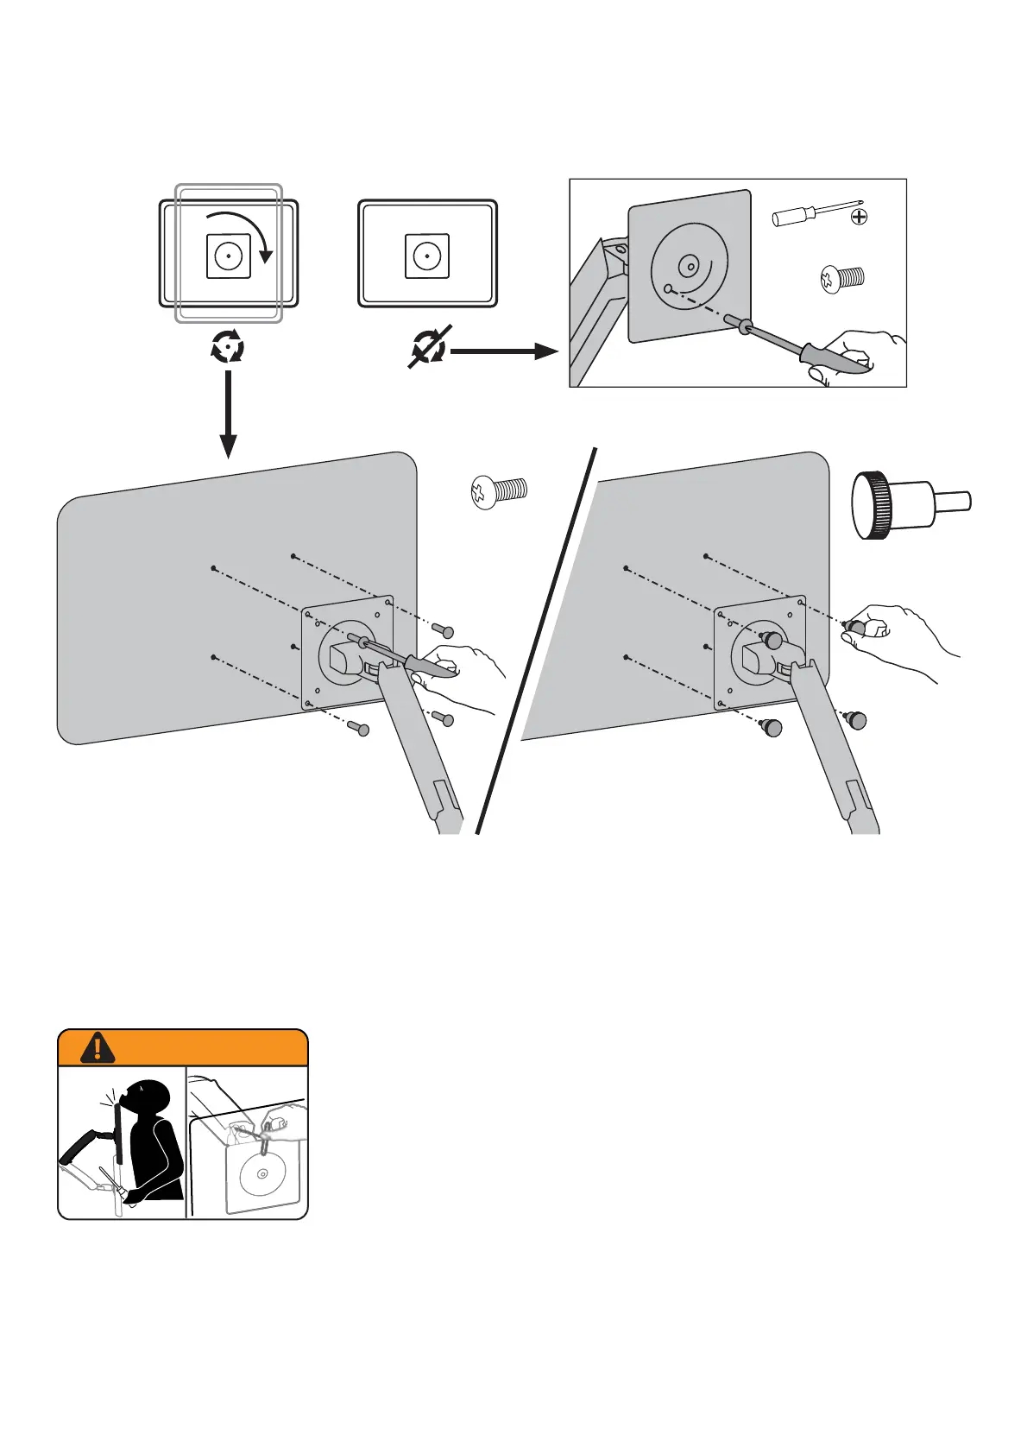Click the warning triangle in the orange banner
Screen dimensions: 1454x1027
click(x=98, y=1046)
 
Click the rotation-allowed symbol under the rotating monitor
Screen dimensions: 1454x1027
click(x=228, y=348)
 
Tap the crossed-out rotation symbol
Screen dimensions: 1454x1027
click(x=428, y=348)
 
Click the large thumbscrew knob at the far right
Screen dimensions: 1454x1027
click(x=910, y=504)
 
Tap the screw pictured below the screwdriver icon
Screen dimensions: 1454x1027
click(x=841, y=279)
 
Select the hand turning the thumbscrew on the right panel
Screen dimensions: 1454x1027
click(x=898, y=639)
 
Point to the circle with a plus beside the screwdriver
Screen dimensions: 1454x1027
click(x=859, y=216)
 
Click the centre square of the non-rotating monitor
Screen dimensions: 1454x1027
click(x=426, y=256)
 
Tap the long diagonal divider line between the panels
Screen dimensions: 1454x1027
click(x=535, y=639)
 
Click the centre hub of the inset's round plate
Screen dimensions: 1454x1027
click(x=690, y=267)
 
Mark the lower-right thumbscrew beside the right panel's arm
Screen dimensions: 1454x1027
click(x=856, y=719)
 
